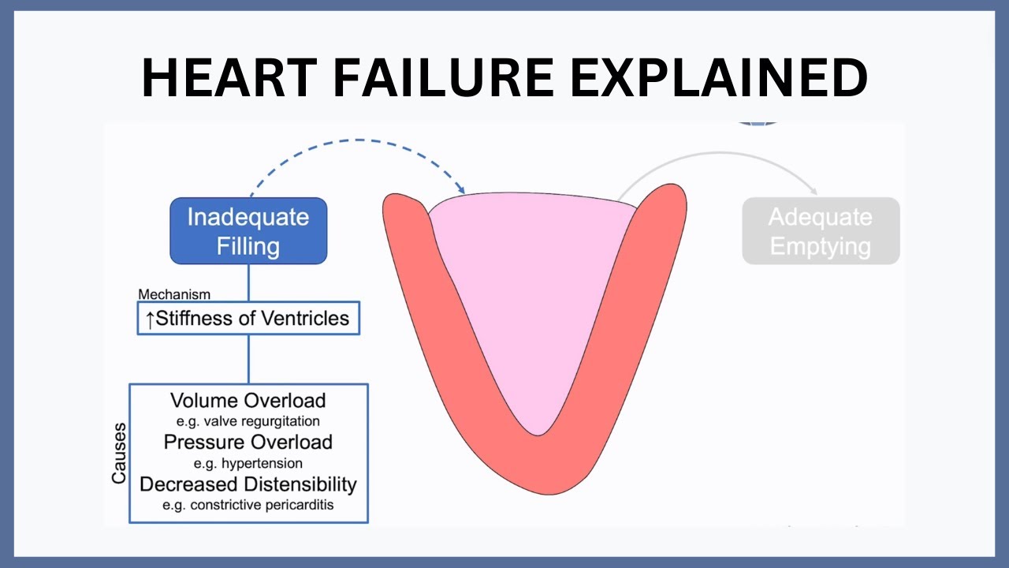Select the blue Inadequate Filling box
(x=248, y=230)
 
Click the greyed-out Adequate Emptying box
(x=820, y=230)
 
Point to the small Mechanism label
(x=174, y=294)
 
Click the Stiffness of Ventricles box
(x=248, y=318)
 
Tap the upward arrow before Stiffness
(x=150, y=319)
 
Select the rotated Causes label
(x=119, y=454)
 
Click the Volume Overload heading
(x=248, y=401)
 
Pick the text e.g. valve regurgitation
(x=248, y=421)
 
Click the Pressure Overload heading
(x=248, y=442)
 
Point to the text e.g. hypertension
(x=248, y=463)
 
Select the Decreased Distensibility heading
(x=248, y=484)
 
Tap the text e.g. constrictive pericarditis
(x=248, y=505)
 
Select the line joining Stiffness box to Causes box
(x=248, y=359)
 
